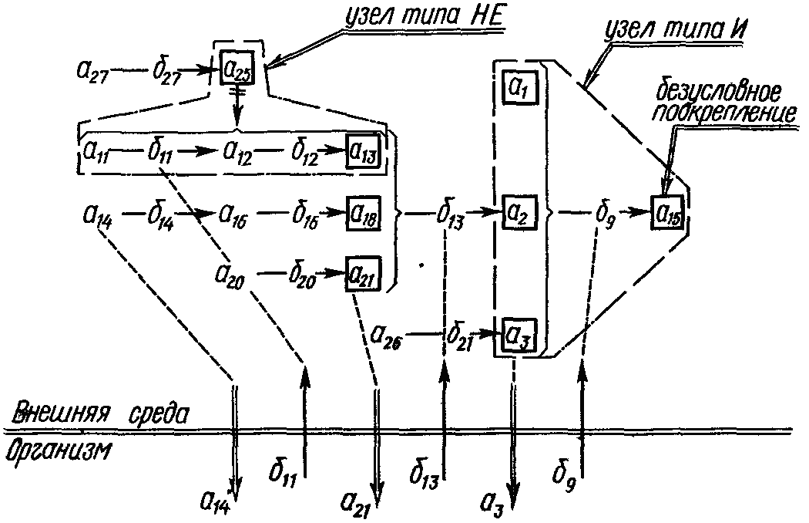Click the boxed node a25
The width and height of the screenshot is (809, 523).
tap(238, 68)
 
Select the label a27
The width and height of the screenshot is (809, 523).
tap(96, 72)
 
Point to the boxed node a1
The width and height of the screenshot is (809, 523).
tap(516, 89)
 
